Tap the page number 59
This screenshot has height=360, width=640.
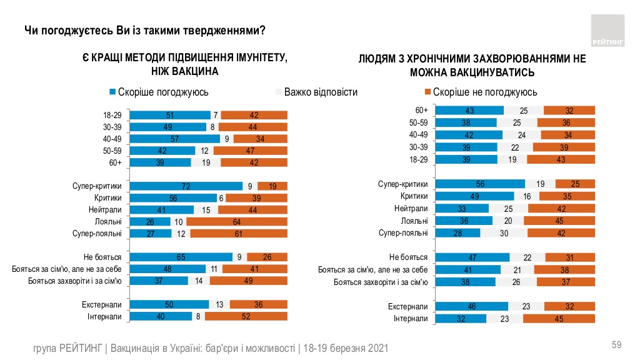click(x=616, y=345)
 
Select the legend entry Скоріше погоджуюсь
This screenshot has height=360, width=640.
click(x=159, y=92)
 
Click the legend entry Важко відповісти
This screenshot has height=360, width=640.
click(x=317, y=92)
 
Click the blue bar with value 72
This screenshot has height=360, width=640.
click(x=186, y=186)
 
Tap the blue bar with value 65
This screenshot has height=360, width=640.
click(x=181, y=256)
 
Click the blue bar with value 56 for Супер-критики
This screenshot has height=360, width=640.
click(x=480, y=184)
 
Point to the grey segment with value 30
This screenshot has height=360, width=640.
click(x=504, y=233)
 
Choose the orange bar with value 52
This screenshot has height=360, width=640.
click(x=246, y=316)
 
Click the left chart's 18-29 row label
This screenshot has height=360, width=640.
click(x=112, y=115)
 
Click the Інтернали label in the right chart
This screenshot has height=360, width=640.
click(x=411, y=318)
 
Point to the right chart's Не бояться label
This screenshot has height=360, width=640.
click(x=408, y=257)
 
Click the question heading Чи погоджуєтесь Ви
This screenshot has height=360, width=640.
click(x=144, y=30)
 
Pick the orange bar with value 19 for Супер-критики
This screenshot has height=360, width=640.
click(x=272, y=186)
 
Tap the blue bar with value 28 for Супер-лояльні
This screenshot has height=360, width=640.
click(x=457, y=233)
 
